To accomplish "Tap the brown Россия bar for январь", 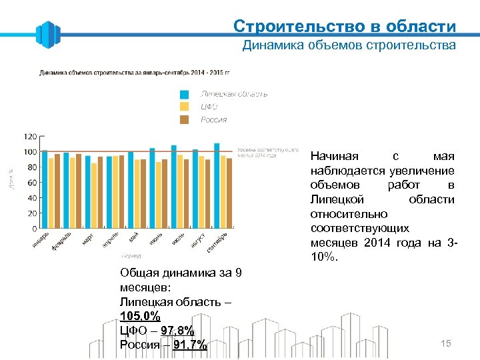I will pyautogui.click(x=57, y=191).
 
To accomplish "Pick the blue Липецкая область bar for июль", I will pyautogui.click(x=174, y=187).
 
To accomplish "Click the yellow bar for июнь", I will pyautogui.click(x=159, y=195).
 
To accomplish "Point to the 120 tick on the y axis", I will pyautogui.click(x=30, y=136).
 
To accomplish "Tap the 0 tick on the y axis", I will pyautogui.click(x=34, y=229).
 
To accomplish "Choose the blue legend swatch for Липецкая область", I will pyautogui.click(x=185, y=94).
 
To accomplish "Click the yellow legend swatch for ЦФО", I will pyautogui.click(x=185, y=107).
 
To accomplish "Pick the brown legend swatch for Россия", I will pyautogui.click(x=185, y=119).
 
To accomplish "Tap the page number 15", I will pyautogui.click(x=446, y=343).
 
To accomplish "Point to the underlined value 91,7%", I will pyautogui.click(x=190, y=345).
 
